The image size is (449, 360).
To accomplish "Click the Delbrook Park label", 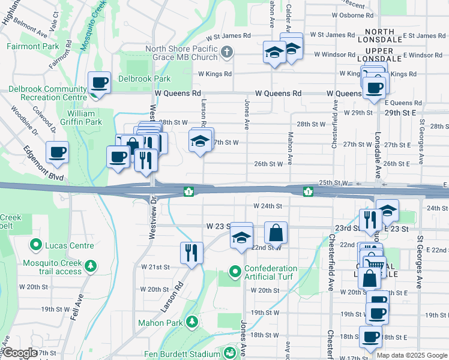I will (144, 79).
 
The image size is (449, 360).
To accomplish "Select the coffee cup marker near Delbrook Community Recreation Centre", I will (100, 83).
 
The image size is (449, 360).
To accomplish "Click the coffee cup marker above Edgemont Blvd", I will (57, 152).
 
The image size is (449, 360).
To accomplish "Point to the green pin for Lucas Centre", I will (35, 245).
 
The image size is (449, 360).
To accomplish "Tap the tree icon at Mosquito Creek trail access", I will (91, 265).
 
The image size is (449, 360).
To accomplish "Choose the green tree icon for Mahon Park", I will (191, 322).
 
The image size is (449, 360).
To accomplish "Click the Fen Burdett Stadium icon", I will (229, 353).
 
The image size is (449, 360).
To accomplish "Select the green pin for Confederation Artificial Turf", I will (235, 273).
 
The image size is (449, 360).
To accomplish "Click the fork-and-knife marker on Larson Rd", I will (191, 253).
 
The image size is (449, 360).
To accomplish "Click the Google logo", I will (19, 353).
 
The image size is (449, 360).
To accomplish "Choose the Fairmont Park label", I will (33, 46).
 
